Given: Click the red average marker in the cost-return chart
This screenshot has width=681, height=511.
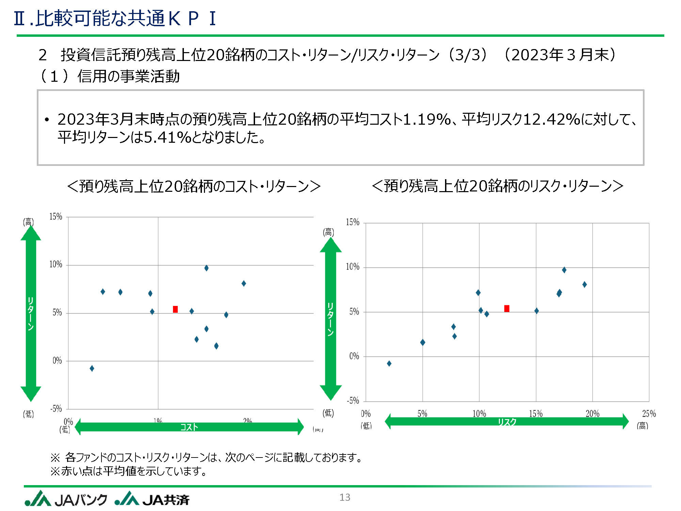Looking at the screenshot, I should [x=175, y=309].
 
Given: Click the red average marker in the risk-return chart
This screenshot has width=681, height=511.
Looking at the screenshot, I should [x=507, y=308].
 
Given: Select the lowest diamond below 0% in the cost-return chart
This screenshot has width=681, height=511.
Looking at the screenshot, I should [x=92, y=368].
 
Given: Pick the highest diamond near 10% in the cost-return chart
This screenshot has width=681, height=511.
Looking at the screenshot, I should [x=206, y=268].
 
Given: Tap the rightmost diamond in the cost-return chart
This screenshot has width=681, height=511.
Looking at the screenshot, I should [x=244, y=283].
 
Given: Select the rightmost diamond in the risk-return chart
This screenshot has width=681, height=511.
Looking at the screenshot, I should [x=584, y=284].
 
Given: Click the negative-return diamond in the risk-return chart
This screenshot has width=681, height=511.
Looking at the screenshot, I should [x=389, y=363].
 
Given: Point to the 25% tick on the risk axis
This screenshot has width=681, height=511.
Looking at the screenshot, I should [x=649, y=414].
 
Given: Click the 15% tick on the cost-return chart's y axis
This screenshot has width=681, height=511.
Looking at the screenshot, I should [x=56, y=217].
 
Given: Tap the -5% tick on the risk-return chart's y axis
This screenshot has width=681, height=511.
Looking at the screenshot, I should [x=353, y=401].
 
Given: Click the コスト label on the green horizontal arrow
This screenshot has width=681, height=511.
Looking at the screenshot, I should [x=189, y=427].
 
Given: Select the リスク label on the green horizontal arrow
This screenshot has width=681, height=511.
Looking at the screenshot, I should [x=507, y=422].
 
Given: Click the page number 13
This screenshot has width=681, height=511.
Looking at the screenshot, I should [x=345, y=497].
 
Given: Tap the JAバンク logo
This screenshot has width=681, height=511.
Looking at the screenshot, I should [x=66, y=499].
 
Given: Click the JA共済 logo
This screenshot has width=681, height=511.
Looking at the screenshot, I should [x=152, y=499].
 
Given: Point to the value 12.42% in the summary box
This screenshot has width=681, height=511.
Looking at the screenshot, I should [x=551, y=119].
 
